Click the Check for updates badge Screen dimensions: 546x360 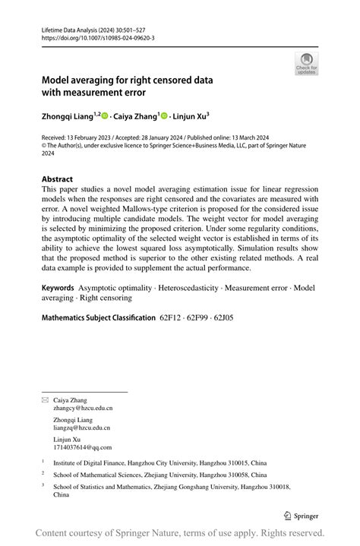coord(306,63)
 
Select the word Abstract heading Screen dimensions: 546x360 coord(57,179)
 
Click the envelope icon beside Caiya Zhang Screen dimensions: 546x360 coord(45,399)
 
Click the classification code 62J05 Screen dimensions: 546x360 coord(223,317)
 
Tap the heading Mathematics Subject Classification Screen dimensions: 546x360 coord(99,317)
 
